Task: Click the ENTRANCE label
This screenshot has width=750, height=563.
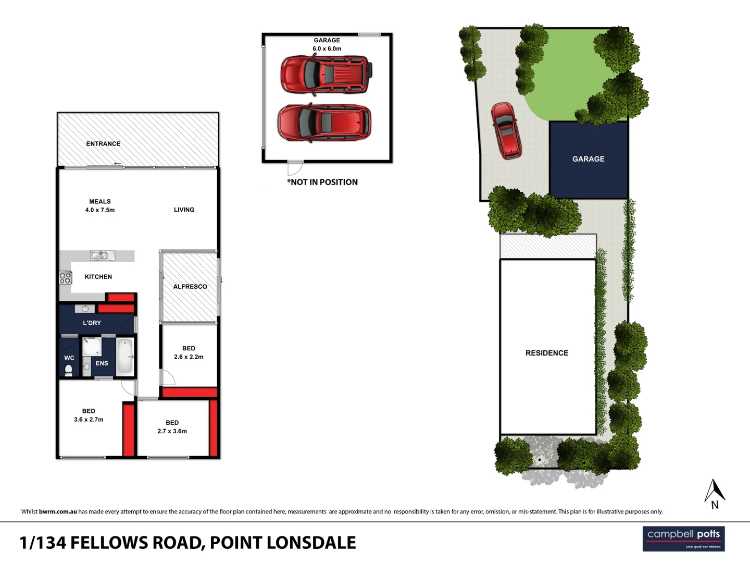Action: [103, 144]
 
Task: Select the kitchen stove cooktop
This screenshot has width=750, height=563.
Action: [65, 277]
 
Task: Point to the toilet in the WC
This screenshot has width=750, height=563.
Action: [68, 370]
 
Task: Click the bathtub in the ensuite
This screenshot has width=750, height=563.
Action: [125, 357]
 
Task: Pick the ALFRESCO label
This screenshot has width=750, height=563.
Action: [190, 287]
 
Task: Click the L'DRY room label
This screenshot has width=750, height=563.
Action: [92, 323]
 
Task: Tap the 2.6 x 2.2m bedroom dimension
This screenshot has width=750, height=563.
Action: [189, 357]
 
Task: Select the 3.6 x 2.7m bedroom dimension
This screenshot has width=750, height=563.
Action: [89, 420]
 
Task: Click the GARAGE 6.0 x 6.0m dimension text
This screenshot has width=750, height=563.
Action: [327, 49]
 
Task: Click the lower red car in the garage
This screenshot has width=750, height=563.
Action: [324, 123]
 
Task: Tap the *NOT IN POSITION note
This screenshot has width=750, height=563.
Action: [322, 182]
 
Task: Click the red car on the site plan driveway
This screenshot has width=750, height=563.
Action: [506, 130]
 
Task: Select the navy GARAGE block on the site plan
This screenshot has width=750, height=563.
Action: [589, 159]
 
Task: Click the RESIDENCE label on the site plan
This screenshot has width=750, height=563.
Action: [547, 353]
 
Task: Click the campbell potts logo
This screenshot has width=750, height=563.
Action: [683, 538]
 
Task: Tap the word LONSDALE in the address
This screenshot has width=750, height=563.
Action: [311, 543]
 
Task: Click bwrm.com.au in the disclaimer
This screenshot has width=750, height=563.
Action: [58, 512]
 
